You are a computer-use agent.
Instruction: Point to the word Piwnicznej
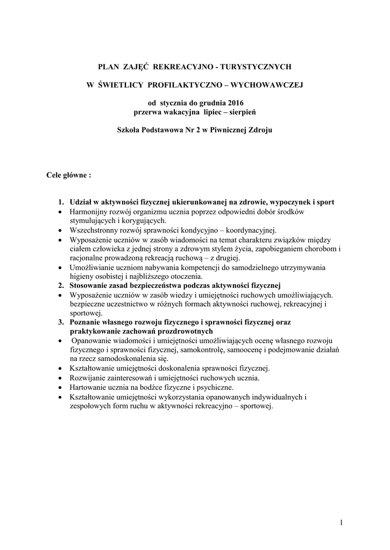coord(221,130)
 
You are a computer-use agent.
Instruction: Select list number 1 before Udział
coord(61,202)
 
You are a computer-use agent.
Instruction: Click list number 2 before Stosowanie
coord(61,285)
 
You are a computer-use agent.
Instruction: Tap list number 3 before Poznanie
coord(61,322)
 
